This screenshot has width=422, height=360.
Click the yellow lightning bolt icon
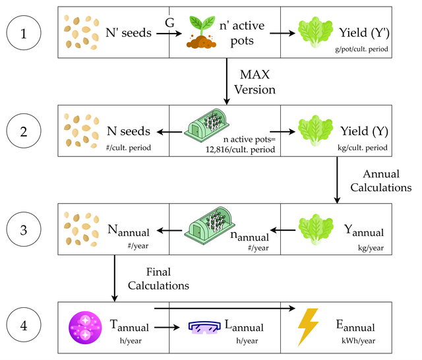tap(307, 327)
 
